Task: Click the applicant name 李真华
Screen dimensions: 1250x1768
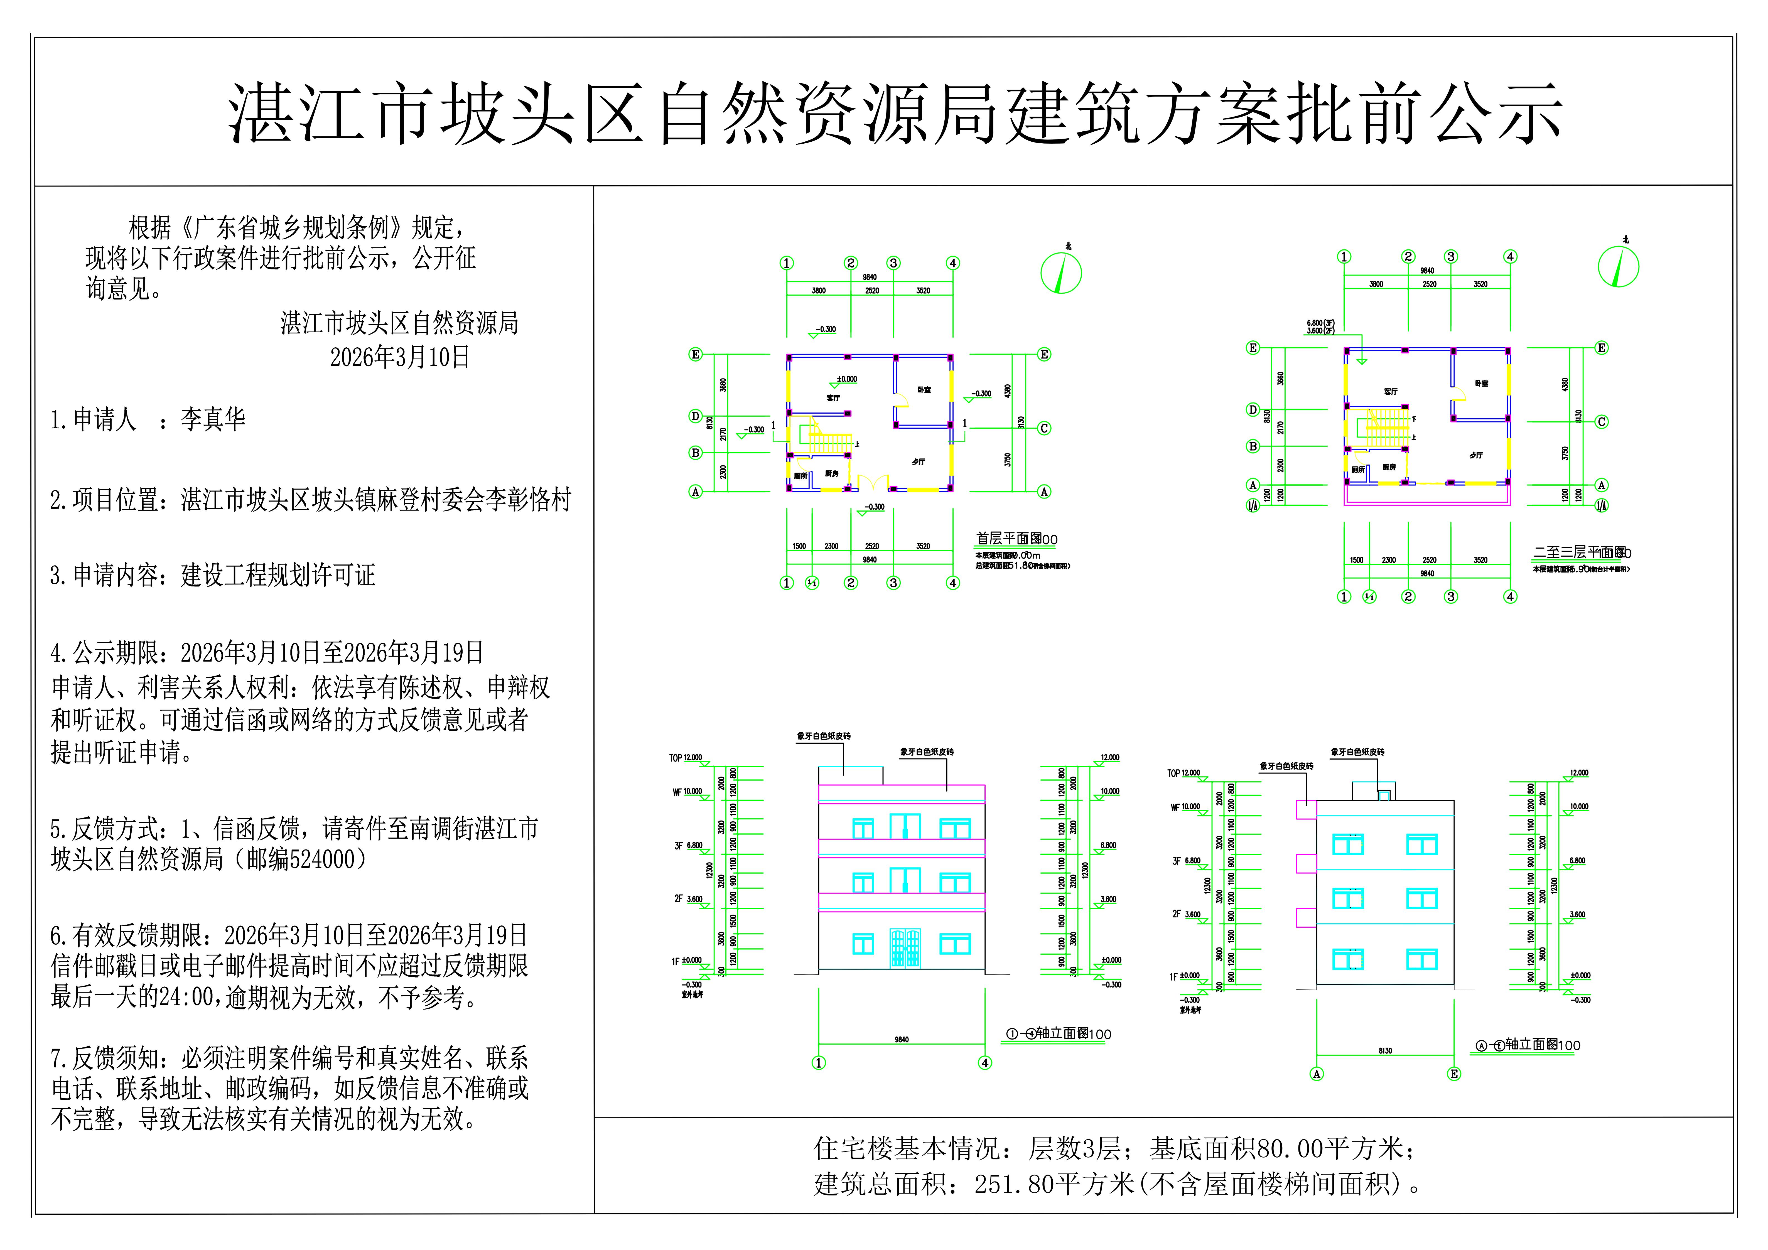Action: point(213,419)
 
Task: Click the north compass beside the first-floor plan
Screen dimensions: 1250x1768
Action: point(1061,273)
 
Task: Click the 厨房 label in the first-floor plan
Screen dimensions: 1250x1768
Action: point(832,474)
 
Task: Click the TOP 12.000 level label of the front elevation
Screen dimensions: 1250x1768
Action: point(685,758)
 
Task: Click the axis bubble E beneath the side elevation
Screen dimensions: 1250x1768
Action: point(1454,1074)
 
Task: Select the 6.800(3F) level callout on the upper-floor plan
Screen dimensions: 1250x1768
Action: point(1320,323)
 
